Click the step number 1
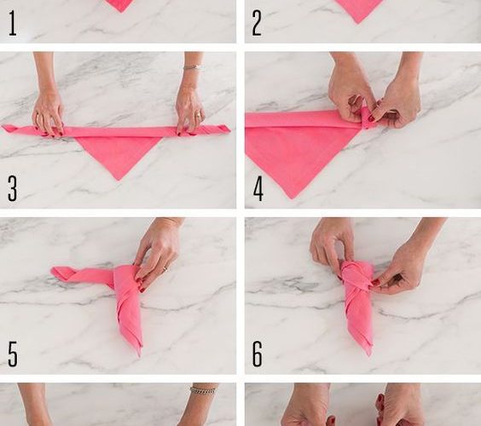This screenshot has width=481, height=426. point(12,23)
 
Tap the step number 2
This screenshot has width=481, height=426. point(257,23)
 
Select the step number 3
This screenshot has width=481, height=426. point(12,188)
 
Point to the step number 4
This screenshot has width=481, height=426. point(258,188)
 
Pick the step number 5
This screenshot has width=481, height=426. point(13,354)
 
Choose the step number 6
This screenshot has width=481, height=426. point(257,354)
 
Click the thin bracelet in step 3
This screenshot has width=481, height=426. point(192,67)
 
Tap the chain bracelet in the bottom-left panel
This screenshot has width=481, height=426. point(203,390)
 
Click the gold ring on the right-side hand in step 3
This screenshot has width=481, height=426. point(199,115)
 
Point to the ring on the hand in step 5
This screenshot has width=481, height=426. point(165,268)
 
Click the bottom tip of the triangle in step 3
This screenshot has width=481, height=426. point(118,180)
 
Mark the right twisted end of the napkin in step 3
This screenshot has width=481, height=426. point(219,129)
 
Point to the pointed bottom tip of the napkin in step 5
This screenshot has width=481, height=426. point(139,355)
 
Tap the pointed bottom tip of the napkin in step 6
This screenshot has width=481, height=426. point(369,354)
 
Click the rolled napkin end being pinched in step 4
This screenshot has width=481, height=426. point(366,118)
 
